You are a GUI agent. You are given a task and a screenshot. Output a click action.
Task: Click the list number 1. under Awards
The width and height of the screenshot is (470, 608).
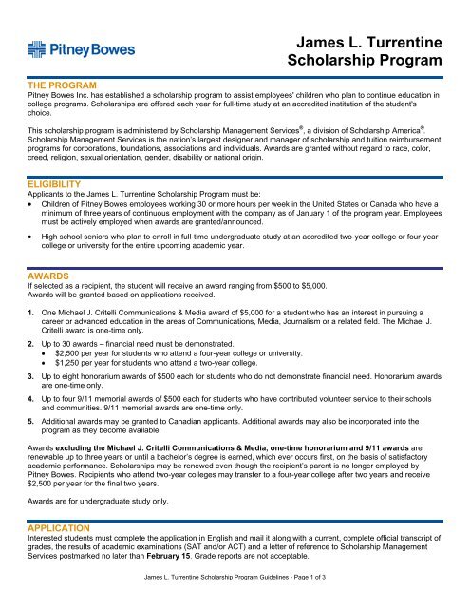click(32, 310)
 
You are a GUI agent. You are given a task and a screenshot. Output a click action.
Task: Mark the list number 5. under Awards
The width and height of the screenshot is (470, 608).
click(32, 443)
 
